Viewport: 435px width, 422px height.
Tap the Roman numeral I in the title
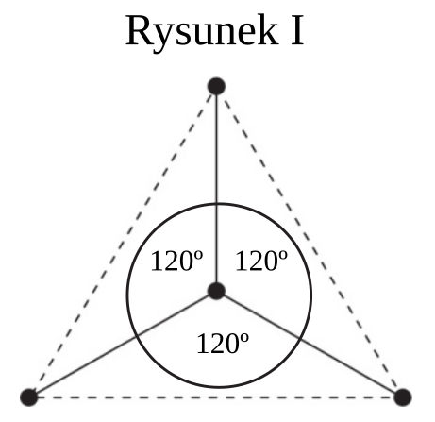297,31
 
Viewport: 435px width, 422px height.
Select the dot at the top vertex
216,86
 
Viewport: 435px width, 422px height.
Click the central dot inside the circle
216,291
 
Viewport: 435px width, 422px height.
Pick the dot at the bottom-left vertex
29,397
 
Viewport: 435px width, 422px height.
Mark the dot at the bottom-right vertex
403,397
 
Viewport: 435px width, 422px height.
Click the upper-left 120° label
177,262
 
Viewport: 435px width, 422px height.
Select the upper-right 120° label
261,262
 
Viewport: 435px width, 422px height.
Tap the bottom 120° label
223,344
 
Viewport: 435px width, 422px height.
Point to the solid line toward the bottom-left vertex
123,345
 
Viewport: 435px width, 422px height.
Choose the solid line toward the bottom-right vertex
310,345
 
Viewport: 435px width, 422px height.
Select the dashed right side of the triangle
310,242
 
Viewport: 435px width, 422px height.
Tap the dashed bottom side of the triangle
216,397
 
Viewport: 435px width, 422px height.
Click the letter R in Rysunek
139,31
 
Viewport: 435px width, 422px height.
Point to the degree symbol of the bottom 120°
244,338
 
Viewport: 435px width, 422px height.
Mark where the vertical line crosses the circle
216,204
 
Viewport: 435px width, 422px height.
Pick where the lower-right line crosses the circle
298,339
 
